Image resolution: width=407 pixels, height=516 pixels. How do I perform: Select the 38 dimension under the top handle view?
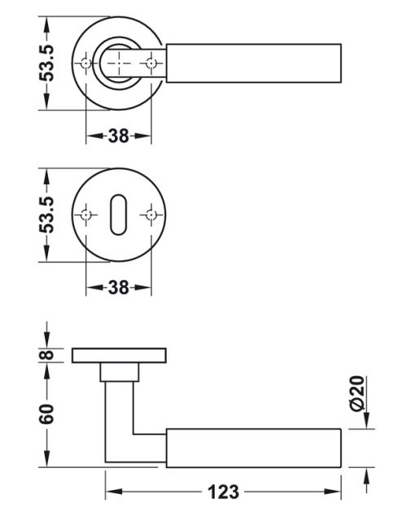(119, 136)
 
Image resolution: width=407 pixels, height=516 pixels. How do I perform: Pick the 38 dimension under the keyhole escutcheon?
(119, 288)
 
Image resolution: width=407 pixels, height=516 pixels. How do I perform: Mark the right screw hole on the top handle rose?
(151, 62)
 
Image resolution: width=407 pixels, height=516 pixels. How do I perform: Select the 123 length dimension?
(222, 492)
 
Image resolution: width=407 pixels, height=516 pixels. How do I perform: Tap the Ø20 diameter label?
(359, 395)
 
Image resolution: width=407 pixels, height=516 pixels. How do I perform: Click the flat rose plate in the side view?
(119, 356)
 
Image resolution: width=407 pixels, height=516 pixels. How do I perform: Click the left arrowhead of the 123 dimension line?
(111, 492)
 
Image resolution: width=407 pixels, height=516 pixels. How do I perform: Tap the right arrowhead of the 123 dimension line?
(335, 492)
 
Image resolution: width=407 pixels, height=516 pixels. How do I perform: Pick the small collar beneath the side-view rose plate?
(119, 371)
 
